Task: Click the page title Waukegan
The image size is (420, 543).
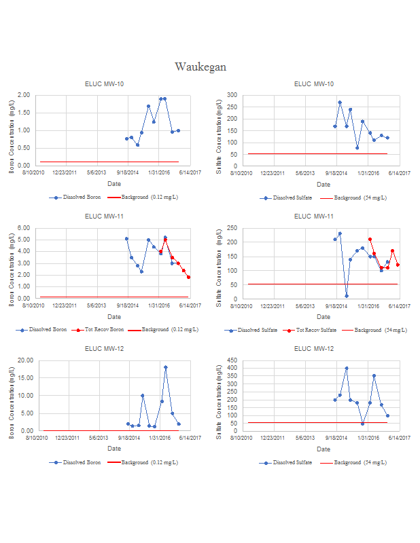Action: (200, 67)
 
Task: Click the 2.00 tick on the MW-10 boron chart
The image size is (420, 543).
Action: (24, 95)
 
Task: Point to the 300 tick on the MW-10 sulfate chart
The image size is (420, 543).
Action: (232, 95)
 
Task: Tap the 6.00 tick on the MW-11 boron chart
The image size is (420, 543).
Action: (24, 228)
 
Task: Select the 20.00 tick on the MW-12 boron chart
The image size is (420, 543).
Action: (22, 360)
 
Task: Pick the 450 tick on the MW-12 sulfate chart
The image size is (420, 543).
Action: (232, 360)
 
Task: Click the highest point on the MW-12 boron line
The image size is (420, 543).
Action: (165, 367)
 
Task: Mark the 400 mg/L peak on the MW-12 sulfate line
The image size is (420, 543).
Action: (347, 368)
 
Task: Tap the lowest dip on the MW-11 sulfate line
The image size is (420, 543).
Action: (346, 296)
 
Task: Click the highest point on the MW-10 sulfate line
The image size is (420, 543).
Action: (340, 102)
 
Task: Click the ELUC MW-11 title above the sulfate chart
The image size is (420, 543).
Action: (314, 217)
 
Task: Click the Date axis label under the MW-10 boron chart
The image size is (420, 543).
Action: (114, 184)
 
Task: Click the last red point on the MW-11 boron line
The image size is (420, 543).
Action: (189, 277)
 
